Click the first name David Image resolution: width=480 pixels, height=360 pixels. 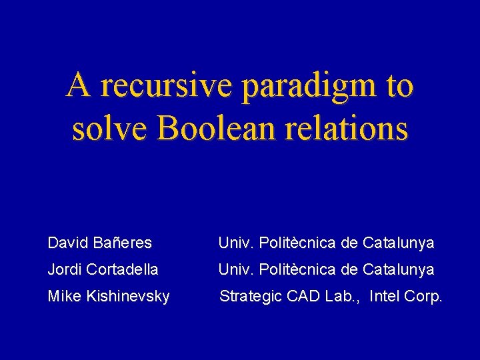pos(67,243)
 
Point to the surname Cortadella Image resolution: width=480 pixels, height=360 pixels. pos(123,270)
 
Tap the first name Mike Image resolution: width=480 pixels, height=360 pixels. pos(64,296)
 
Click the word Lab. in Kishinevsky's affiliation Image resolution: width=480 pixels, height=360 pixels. pos(336,296)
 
